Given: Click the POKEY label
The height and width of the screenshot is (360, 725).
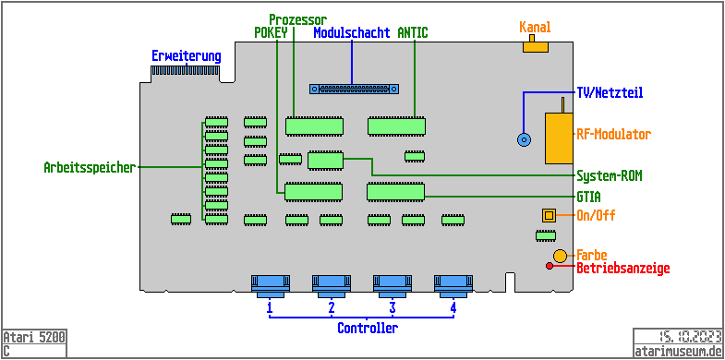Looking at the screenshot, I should click(272, 33).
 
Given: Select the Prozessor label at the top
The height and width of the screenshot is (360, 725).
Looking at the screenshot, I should click(296, 19).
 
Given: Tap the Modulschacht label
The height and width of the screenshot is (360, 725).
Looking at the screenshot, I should click(351, 33).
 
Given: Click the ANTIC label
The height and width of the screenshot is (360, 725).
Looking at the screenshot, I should click(412, 33).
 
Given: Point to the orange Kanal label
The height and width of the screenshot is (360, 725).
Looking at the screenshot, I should click(535, 27).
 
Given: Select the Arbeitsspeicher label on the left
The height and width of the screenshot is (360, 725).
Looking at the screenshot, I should click(90, 168).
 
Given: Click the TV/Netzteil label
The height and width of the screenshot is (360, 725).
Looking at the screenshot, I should click(609, 92).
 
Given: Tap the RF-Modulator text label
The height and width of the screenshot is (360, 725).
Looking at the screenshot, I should click(613, 134).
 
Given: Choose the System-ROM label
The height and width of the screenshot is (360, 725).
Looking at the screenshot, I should click(609, 175).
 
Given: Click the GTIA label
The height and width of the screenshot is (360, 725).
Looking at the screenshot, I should click(589, 197).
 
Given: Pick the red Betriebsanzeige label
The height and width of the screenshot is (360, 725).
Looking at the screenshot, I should click(622, 269).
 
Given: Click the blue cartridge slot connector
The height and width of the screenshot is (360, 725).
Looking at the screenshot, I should click(354, 90).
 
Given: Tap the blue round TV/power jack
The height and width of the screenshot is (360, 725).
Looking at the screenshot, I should click(524, 139).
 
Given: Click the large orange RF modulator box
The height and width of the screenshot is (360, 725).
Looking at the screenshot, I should click(558, 138).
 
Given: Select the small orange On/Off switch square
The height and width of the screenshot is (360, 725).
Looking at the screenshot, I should click(549, 215).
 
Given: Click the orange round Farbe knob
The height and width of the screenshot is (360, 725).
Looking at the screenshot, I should click(560, 255).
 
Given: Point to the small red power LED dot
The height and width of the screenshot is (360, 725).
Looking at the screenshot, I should click(550, 267).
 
